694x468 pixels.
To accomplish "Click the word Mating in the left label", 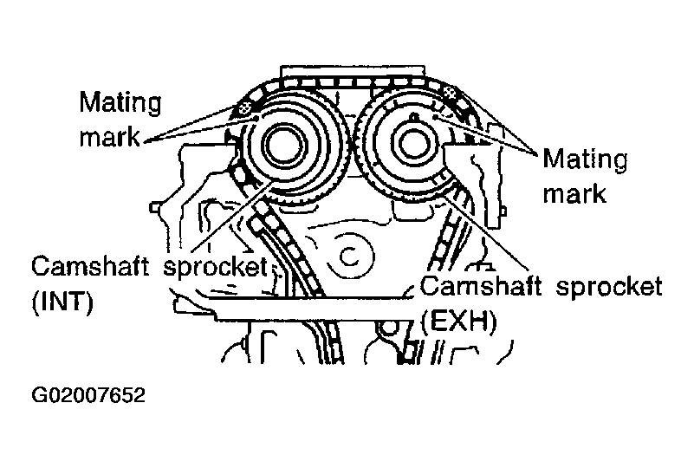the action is click(x=120, y=103).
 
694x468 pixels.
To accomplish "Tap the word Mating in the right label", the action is click(x=585, y=159).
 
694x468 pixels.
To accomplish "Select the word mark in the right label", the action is click(x=574, y=193).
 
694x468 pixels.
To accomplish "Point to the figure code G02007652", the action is click(x=88, y=394).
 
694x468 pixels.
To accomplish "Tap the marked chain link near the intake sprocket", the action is click(x=244, y=107).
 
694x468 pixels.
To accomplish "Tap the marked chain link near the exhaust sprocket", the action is click(x=450, y=92).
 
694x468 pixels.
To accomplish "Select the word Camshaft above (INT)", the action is click(x=90, y=267).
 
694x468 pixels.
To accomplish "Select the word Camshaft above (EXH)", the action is click(x=480, y=286).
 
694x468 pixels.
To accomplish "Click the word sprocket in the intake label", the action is click(x=216, y=267).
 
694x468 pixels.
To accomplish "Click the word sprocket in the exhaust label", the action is click(x=609, y=287).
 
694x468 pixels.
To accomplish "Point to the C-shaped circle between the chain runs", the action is click(x=349, y=256).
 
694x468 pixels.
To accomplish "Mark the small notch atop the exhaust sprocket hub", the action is click(x=414, y=117).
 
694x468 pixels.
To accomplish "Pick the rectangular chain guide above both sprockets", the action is click(x=353, y=72).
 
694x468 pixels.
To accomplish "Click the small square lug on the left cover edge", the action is click(x=154, y=206).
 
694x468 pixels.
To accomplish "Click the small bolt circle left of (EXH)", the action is click(x=389, y=328).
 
